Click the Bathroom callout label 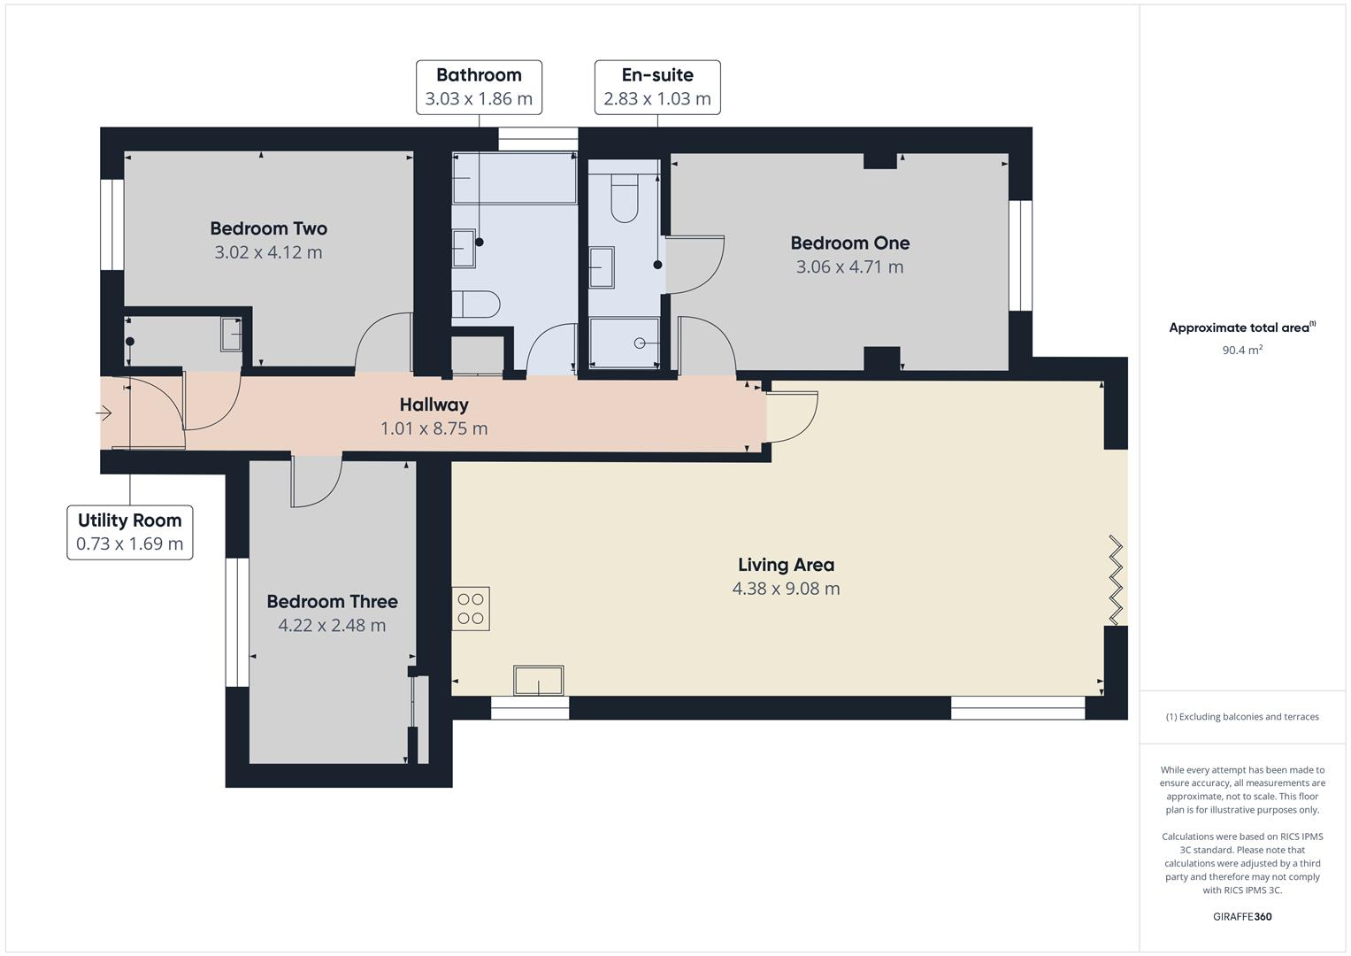(x=479, y=87)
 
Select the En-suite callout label (x=656, y=87)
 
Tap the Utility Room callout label (x=129, y=532)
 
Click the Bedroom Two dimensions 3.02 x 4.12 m (x=268, y=252)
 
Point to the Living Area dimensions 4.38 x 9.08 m (x=786, y=589)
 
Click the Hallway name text (x=434, y=405)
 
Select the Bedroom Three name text (x=332, y=601)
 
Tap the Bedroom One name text (x=849, y=243)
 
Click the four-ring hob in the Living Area (x=471, y=609)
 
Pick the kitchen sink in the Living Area (x=538, y=681)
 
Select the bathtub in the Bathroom (x=513, y=179)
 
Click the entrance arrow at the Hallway (x=104, y=413)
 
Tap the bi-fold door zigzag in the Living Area (x=1116, y=580)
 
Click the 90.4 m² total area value (x=1241, y=350)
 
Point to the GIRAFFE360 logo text (x=1241, y=916)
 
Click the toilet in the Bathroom (x=477, y=304)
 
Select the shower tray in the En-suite (x=625, y=343)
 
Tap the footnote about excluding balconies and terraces (x=1241, y=717)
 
